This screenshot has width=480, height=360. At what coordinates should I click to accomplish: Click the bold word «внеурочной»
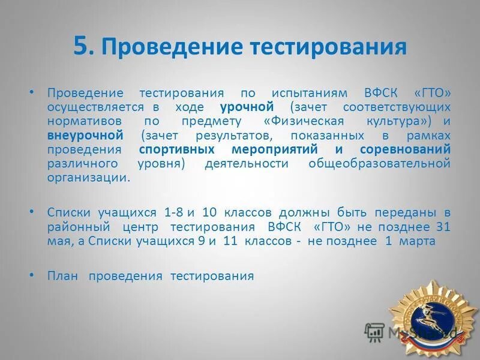pos(85,135)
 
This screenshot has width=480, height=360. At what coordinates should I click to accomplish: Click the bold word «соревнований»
pos(405,149)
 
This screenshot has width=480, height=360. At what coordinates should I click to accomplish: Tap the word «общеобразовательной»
pos(379,163)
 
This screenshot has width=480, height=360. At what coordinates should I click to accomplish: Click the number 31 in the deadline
pos(443,227)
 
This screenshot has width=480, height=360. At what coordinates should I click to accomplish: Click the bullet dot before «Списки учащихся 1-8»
pos(32,212)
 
